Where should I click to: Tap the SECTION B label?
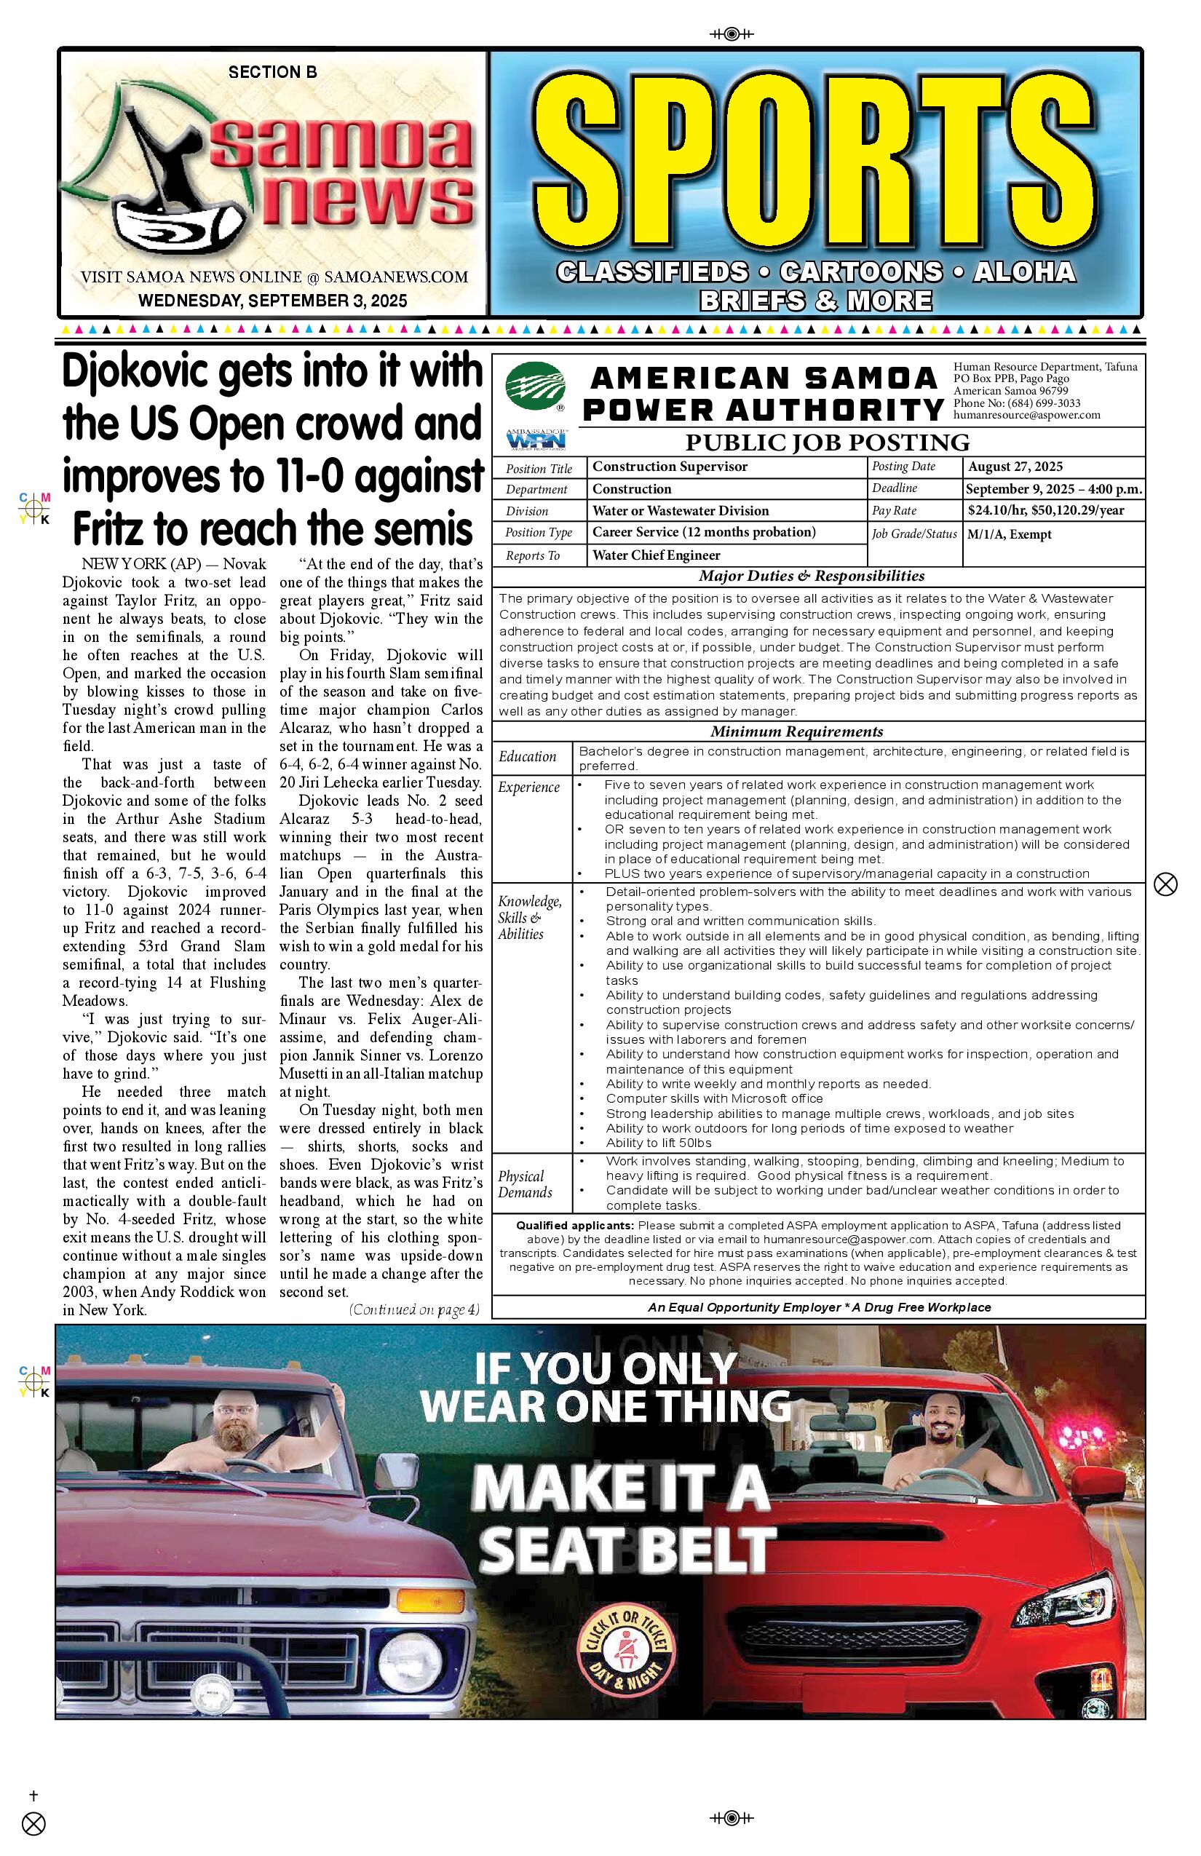pyautogui.click(x=272, y=73)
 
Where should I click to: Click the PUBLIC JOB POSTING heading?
pyautogui.click(x=827, y=443)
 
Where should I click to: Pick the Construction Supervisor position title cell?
pyautogui.click(x=669, y=467)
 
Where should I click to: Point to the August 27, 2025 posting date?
pyautogui.click(x=1015, y=467)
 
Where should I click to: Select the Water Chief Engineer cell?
pyautogui.click(x=656, y=555)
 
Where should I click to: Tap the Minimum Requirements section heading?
pyautogui.click(x=796, y=731)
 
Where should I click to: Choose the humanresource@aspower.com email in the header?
pyautogui.click(x=1026, y=416)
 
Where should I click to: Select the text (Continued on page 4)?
pyautogui.click(x=413, y=1310)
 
